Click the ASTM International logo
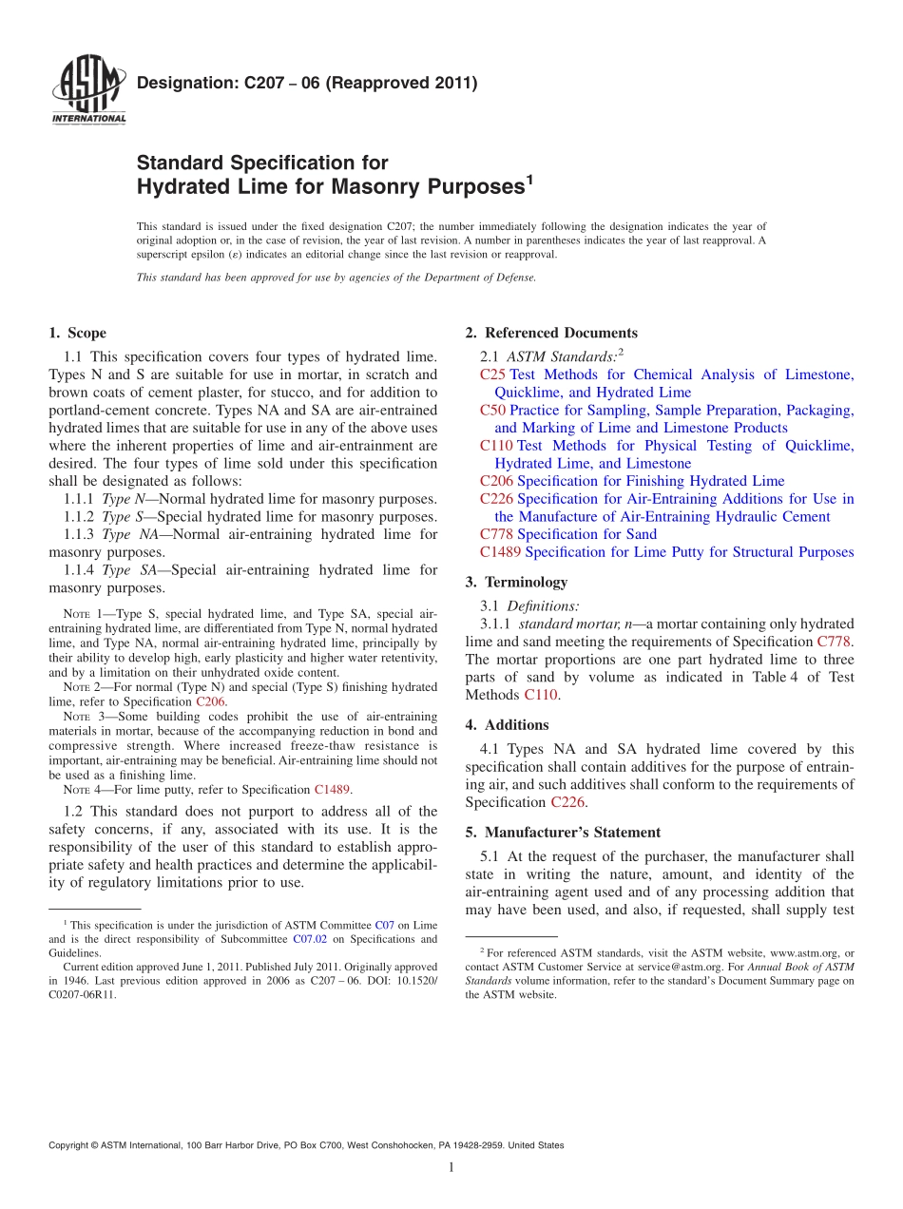click(x=88, y=91)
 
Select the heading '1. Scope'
click(x=77, y=333)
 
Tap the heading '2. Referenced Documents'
click(x=551, y=333)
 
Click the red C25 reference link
click(x=493, y=374)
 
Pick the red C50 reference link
click(x=493, y=411)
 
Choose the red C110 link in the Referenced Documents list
click(x=496, y=446)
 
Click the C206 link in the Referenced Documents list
click(x=496, y=481)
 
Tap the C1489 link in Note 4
click(x=333, y=789)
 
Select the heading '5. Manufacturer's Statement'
click(x=563, y=832)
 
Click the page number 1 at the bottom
click(x=451, y=1167)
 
